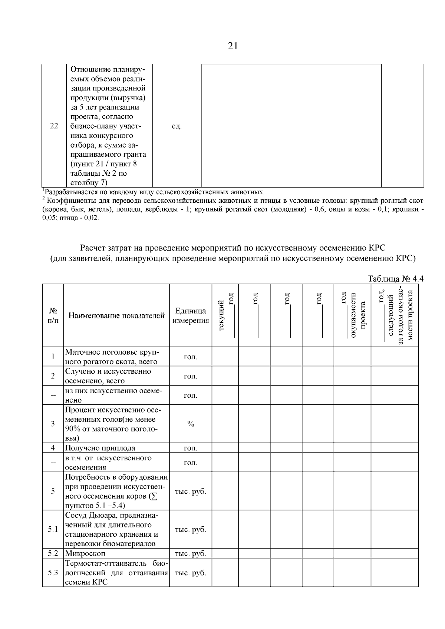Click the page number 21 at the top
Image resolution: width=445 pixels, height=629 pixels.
click(233, 46)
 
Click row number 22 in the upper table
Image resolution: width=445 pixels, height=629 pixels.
click(54, 126)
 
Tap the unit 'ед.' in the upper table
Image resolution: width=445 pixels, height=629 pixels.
click(177, 126)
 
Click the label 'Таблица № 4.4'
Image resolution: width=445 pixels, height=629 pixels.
click(395, 279)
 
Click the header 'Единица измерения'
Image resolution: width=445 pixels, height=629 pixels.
click(191, 315)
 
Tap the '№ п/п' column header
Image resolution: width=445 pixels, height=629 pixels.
click(53, 315)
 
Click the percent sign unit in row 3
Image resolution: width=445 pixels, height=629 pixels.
click(191, 424)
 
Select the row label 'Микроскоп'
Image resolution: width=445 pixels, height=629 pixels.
click(86, 554)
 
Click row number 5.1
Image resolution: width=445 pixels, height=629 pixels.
click(53, 529)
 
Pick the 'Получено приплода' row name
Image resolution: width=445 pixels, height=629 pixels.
click(100, 448)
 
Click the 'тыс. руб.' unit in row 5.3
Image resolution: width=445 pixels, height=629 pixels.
click(191, 573)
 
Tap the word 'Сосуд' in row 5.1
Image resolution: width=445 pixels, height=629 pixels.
click(75, 516)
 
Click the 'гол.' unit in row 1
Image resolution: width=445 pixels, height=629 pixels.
click(191, 357)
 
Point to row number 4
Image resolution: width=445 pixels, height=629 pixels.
click(53, 448)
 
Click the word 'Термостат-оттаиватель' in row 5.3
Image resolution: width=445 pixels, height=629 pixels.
click(106, 563)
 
